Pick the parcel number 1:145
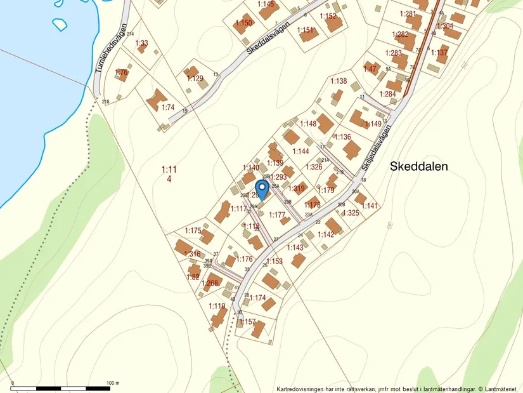[x=266, y=5]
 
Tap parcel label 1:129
[x=195, y=78]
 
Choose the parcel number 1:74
[x=167, y=107]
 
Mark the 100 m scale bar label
[x=112, y=383]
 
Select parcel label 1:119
[x=217, y=306]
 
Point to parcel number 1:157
[x=247, y=322]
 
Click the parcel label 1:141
[x=370, y=206]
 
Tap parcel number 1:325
[x=351, y=213]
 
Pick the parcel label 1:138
[x=339, y=81]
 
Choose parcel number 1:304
[x=445, y=26]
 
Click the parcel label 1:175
[x=193, y=230]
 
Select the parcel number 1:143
[x=295, y=248]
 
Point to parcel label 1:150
[x=243, y=23]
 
